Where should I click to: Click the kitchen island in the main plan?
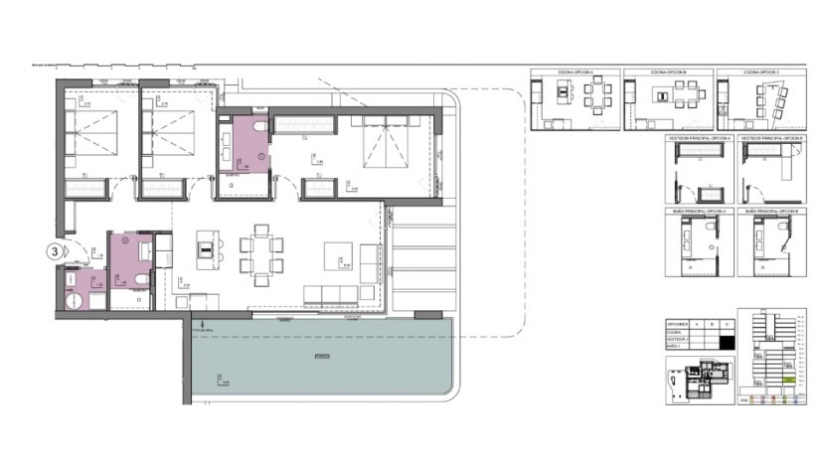206,249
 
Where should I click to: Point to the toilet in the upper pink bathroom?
258,128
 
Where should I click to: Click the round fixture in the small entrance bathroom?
73,304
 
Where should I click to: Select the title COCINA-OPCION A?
574,74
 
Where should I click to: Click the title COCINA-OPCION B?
668,74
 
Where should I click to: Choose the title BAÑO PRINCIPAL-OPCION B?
776,212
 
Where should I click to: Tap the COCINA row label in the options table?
674,334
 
